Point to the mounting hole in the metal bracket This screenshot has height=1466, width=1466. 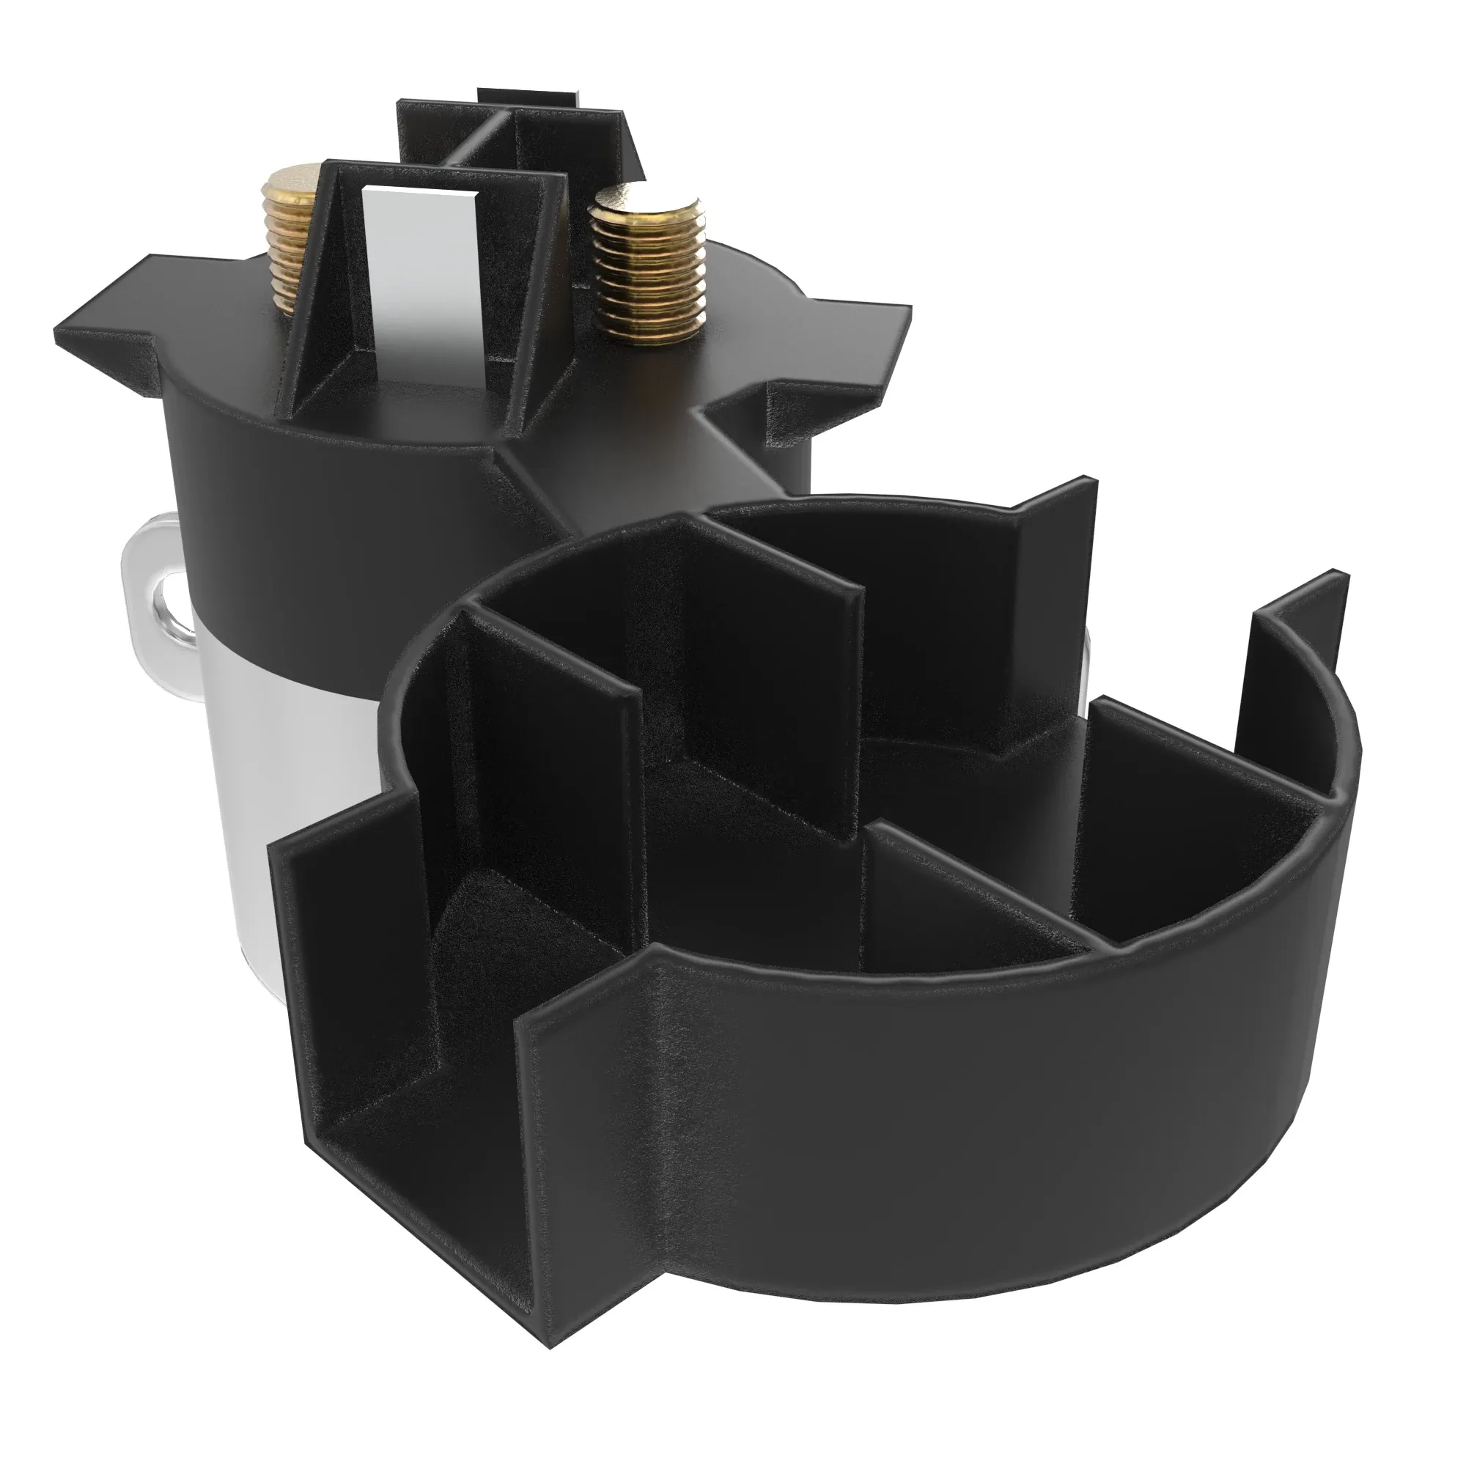[169, 600]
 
